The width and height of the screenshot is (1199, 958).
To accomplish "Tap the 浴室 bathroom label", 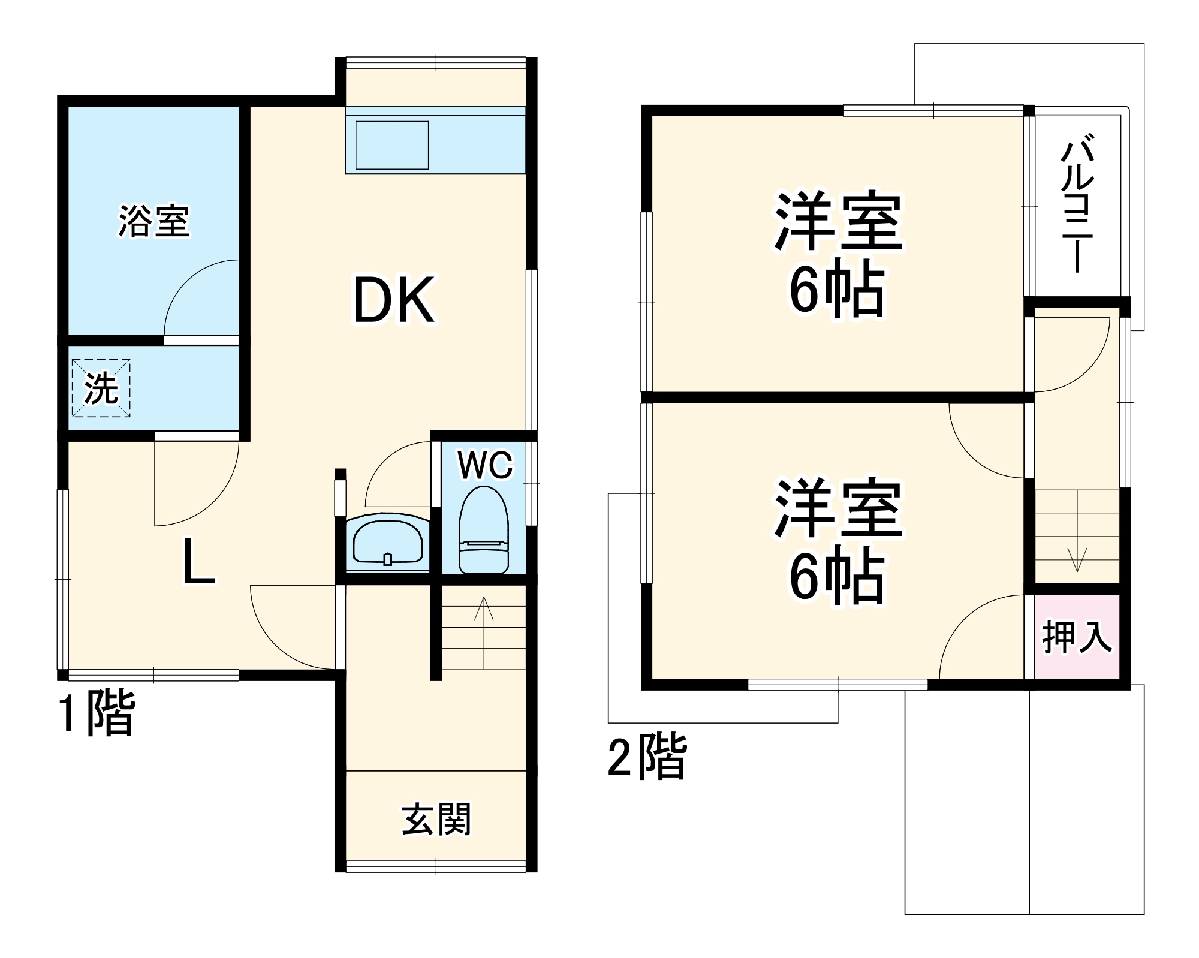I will [x=153, y=221].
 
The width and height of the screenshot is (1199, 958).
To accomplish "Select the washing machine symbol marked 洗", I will [x=101, y=388].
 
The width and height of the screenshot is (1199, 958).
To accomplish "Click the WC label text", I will [x=485, y=465].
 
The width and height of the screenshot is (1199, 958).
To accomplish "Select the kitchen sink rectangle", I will [x=392, y=145].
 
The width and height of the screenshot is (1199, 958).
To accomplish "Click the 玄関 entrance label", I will [x=436, y=819].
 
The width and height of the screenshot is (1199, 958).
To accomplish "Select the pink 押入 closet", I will [x=1077, y=637].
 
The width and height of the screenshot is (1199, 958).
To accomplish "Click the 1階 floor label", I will [x=96, y=713].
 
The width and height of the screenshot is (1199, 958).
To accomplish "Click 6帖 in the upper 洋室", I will [x=837, y=291].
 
